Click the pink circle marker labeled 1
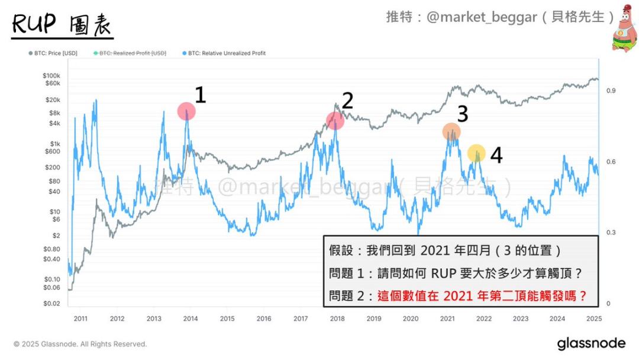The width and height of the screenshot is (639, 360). click(x=186, y=111)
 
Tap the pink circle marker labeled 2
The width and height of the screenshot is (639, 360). click(x=335, y=121)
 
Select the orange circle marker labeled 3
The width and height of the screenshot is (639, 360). click(x=451, y=132)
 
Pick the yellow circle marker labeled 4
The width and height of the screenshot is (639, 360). click(x=476, y=154)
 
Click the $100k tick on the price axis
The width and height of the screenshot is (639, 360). click(x=51, y=76)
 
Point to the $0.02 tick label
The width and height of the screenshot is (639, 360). click(x=51, y=304)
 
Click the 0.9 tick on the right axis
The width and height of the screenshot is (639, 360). click(x=611, y=91)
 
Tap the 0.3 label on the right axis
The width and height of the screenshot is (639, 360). click(x=611, y=233)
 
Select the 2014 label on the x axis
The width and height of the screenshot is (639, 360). click(x=191, y=319)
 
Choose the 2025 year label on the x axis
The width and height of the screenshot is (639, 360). click(x=594, y=319)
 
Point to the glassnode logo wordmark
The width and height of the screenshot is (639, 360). click(x=590, y=343)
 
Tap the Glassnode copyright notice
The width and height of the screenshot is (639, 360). click(x=80, y=344)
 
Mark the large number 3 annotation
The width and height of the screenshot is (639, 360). click(x=462, y=114)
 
